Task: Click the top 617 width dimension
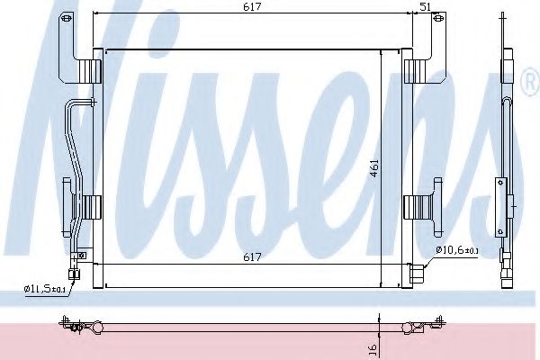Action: [x=252, y=6]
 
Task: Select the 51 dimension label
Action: [x=425, y=6]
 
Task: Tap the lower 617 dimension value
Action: [x=252, y=257]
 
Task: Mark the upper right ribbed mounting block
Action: [x=414, y=70]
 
